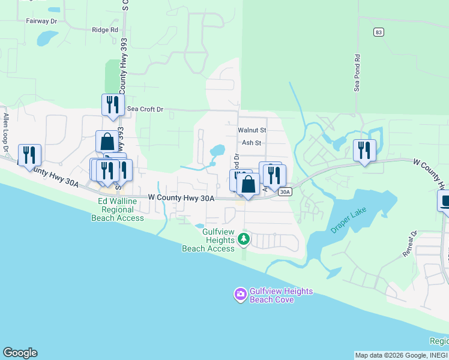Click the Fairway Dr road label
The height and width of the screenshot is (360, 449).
pyautogui.click(x=41, y=20)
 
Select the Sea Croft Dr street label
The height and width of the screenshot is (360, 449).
pyautogui.click(x=145, y=109)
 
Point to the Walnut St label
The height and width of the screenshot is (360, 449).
pyautogui.click(x=252, y=130)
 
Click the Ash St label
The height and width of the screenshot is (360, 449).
pyautogui.click(x=252, y=143)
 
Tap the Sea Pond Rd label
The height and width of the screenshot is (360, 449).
pyautogui.click(x=357, y=73)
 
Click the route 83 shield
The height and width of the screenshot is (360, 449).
pyautogui.click(x=377, y=31)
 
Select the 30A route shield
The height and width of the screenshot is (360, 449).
pyautogui.click(x=285, y=192)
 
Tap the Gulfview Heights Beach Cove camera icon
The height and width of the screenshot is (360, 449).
pyautogui.click(x=240, y=294)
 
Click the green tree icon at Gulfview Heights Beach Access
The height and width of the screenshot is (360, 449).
pyautogui.click(x=243, y=239)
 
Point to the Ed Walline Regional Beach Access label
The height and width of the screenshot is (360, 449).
pyautogui.click(x=118, y=210)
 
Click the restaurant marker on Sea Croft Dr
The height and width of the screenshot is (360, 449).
pyautogui.click(x=113, y=105)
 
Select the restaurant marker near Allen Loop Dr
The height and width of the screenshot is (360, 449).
pyautogui.click(x=29, y=155)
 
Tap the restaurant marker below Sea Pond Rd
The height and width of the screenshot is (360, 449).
pyautogui.click(x=364, y=150)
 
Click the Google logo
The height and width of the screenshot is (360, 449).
pyautogui.click(x=20, y=353)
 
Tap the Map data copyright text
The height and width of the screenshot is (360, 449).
pyautogui.click(x=401, y=355)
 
